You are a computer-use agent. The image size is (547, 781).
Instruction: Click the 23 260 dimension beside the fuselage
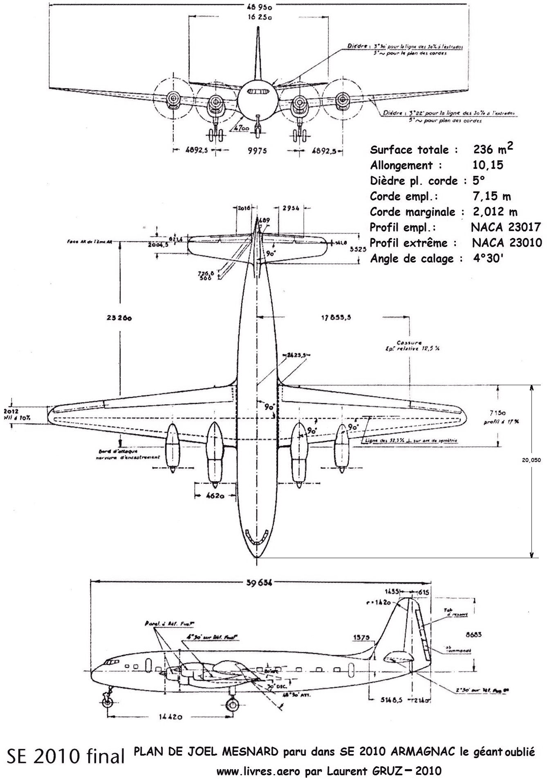pyautogui.click(x=119, y=318)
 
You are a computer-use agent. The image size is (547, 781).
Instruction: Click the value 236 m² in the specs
pyautogui.click(x=493, y=149)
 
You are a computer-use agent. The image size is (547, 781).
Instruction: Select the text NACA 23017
pyautogui.click(x=506, y=227)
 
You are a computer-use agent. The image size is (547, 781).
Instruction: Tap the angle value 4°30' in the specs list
pyautogui.click(x=487, y=259)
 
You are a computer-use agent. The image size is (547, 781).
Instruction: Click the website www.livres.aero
pyautogui.click(x=259, y=772)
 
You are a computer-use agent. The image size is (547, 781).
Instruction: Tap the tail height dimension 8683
pyautogui.click(x=473, y=635)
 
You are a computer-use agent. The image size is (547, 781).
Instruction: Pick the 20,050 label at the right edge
pyautogui.click(x=531, y=460)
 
